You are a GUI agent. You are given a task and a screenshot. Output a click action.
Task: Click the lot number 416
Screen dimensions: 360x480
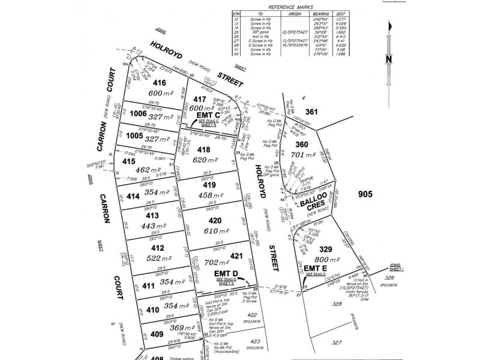(x=159, y=83)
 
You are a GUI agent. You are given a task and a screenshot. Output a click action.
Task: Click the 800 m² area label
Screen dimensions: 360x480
(x=330, y=260)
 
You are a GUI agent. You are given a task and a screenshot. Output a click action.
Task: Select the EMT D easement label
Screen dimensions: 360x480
(x=227, y=274)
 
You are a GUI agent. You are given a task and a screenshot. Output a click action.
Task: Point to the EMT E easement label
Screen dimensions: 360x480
(x=315, y=268)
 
